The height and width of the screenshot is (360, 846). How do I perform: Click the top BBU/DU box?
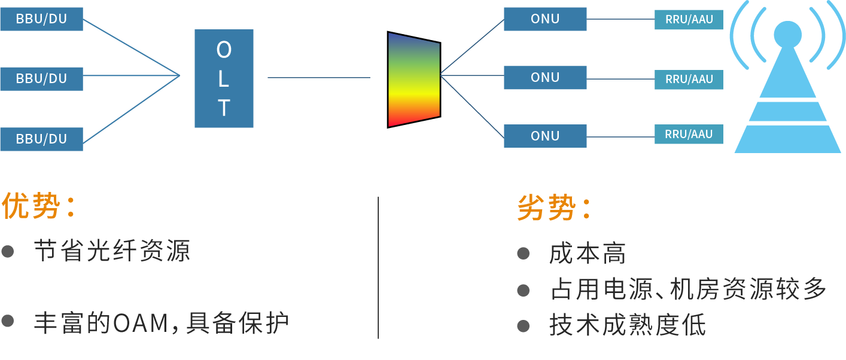pyautogui.click(x=41, y=19)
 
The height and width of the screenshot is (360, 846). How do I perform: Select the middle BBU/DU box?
pyautogui.click(x=41, y=78)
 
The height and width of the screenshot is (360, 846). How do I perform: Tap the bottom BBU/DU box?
pyautogui.click(x=41, y=139)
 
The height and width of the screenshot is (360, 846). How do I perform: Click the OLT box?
pyautogui.click(x=224, y=78)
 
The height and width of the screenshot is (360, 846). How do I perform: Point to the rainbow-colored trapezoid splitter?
pyautogui.click(x=413, y=79)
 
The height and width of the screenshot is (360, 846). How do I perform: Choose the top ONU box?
pyautogui.click(x=545, y=19)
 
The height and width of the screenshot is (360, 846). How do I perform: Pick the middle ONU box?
pyautogui.click(x=545, y=78)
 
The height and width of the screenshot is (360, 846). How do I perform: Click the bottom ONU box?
pyautogui.click(x=545, y=136)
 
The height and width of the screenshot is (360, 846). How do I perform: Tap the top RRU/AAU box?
pyautogui.click(x=689, y=20)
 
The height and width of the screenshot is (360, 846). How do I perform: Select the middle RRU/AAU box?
pyautogui.click(x=689, y=80)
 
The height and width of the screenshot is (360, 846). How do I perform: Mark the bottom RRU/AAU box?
pyautogui.click(x=689, y=135)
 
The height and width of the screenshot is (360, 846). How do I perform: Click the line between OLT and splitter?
pyautogui.click(x=319, y=78)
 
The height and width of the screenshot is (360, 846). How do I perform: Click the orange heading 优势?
pyautogui.click(x=32, y=206)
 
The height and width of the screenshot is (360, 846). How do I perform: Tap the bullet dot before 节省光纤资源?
pyautogui.click(x=8, y=251)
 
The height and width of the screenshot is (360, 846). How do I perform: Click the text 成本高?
pyautogui.click(x=587, y=254)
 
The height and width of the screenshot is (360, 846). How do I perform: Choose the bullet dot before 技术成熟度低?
pyautogui.click(x=524, y=326)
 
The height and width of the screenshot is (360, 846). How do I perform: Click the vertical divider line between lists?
pyautogui.click(x=378, y=268)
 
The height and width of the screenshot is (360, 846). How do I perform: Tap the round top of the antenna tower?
pyautogui.click(x=787, y=34)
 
